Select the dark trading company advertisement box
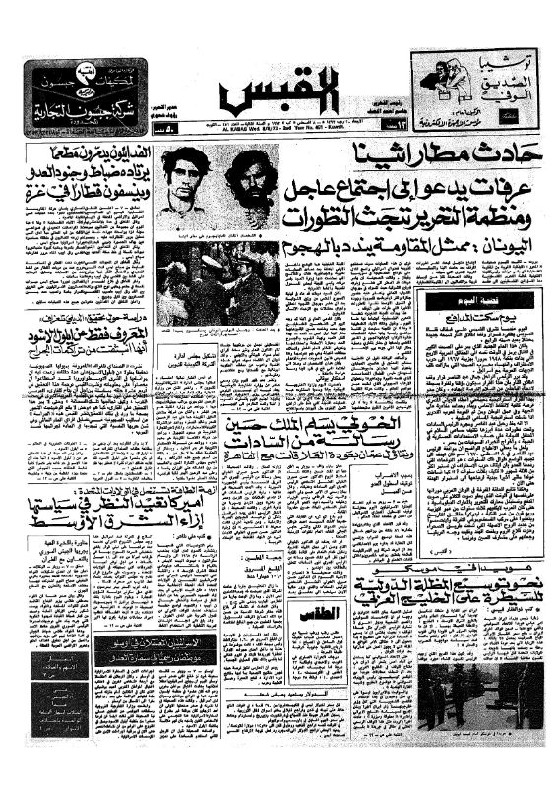tap(86, 94)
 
